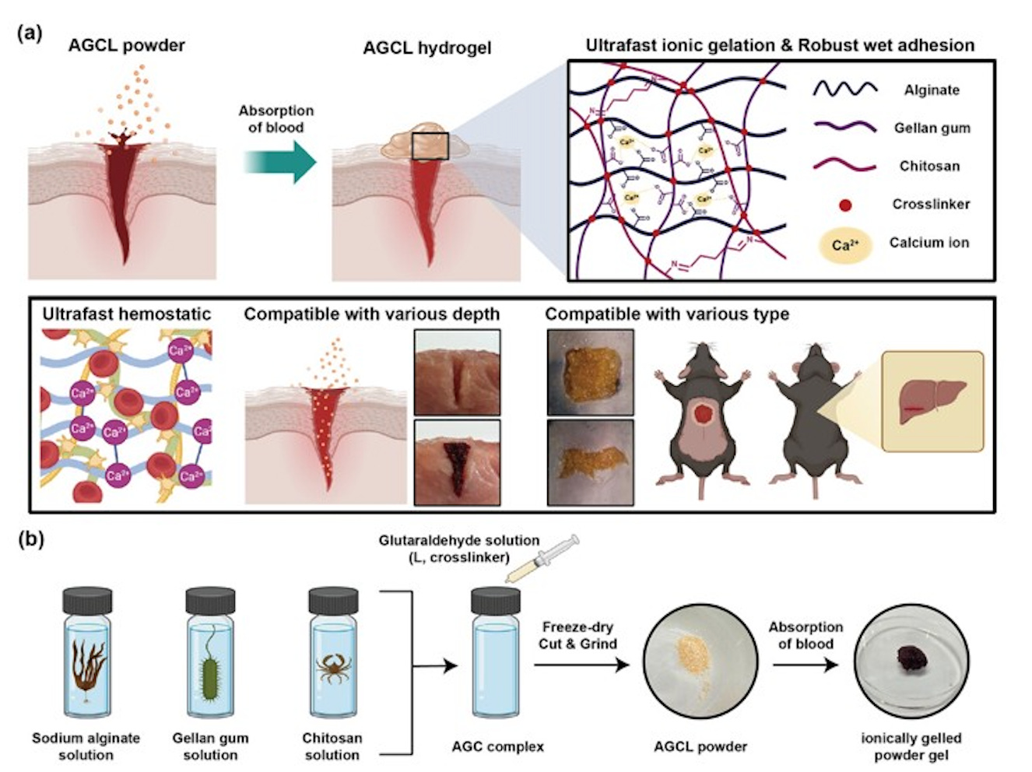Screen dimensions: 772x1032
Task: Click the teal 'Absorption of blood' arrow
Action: (280, 162)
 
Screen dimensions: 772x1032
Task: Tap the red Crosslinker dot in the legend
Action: (845, 205)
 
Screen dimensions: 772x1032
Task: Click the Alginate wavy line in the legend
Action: (845, 89)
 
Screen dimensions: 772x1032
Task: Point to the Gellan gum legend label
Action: (932, 128)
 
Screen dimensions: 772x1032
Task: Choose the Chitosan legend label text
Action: (929, 166)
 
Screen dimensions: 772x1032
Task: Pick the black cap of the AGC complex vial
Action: (496, 600)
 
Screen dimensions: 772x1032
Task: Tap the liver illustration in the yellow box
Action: (931, 400)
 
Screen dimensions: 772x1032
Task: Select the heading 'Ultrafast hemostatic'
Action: (126, 314)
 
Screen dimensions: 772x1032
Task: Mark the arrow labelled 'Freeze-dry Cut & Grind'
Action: (580, 665)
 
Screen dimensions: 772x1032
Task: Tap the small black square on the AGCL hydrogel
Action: (430, 146)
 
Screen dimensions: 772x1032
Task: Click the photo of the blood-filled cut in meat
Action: (458, 462)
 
